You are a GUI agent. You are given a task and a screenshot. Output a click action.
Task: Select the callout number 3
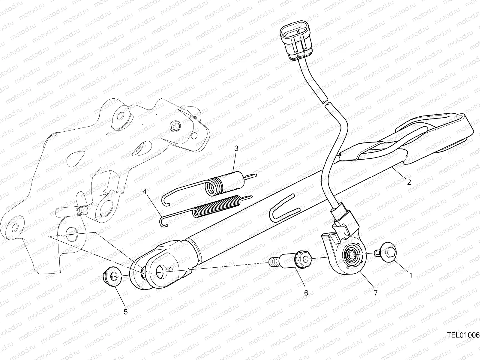236,148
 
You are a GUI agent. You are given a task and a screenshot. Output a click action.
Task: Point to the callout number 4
144,192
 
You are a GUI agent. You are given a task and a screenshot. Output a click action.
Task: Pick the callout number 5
125,312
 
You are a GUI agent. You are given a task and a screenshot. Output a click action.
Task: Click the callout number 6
306,293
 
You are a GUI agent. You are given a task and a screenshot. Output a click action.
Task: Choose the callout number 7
376,293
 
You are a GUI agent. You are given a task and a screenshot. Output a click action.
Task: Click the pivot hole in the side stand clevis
162,272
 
